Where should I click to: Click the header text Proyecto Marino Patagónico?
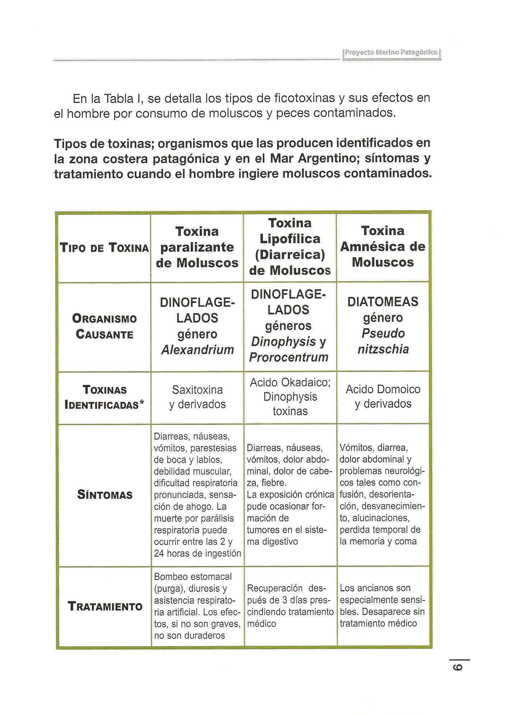pyautogui.click(x=391, y=52)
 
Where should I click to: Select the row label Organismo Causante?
pyautogui.click(x=105, y=327)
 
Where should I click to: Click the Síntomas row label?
pyautogui.click(x=105, y=495)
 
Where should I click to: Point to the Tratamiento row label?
pyautogui.click(x=105, y=606)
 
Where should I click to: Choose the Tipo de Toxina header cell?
pyautogui.click(x=105, y=248)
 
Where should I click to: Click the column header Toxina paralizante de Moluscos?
pyautogui.click(x=197, y=247)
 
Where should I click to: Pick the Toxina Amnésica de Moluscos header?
pyautogui.click(x=383, y=246)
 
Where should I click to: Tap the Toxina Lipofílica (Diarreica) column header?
pyautogui.click(x=290, y=246)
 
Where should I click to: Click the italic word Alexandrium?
pyautogui.click(x=198, y=350)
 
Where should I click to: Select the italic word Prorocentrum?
pyautogui.click(x=289, y=357)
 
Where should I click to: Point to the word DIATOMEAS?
pyautogui.click(x=383, y=302)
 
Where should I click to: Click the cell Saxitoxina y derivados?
pyautogui.click(x=197, y=397)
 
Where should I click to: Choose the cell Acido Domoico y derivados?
pyautogui.click(x=383, y=396)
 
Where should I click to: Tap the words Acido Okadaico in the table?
pyautogui.click(x=290, y=382)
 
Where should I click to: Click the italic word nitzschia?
pyautogui.click(x=383, y=349)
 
